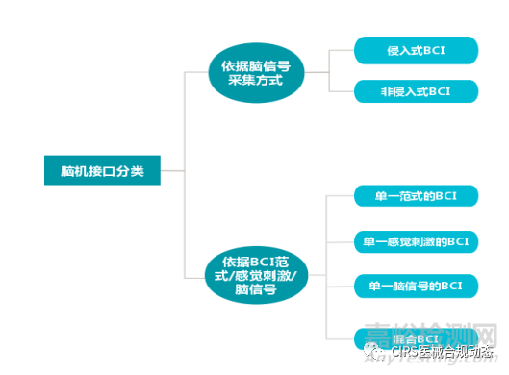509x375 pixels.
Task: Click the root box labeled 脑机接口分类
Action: click(102, 171)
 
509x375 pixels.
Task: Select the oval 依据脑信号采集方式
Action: click(256, 72)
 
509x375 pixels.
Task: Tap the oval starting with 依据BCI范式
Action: click(256, 274)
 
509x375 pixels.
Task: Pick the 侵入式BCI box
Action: click(416, 49)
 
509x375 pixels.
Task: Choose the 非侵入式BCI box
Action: click(416, 92)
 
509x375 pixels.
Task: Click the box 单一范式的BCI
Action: click(416, 196)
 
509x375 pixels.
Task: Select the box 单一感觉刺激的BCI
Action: click(416, 240)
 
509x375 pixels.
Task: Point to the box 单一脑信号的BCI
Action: click(416, 286)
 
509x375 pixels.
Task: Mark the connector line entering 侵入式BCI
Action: click(341, 49)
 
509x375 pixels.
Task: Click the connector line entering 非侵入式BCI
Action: click(341, 92)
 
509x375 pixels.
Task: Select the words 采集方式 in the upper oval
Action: click(256, 81)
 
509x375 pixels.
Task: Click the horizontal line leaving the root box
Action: click(171, 171)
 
